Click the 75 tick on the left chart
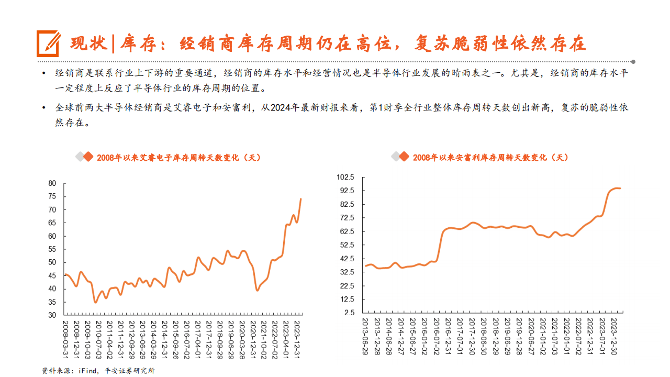coord(52,196)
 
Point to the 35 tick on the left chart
coord(52,302)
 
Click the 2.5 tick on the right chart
coord(350,313)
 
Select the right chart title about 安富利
coord(490,157)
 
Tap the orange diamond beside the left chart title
coord(88,157)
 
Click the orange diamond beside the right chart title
coord(404,157)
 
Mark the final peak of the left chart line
coord(300,199)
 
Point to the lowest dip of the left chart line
coord(95,302)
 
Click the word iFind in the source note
coord(87,371)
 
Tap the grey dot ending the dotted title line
coord(633,61)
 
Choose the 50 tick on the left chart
coord(52,262)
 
